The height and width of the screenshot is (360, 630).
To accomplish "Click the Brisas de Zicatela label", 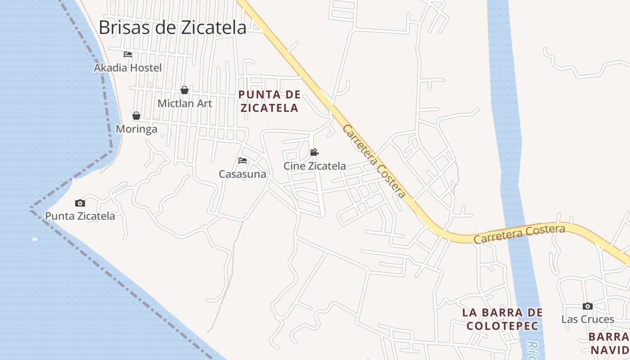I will [172, 27].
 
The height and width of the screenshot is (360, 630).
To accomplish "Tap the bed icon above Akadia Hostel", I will [128, 54].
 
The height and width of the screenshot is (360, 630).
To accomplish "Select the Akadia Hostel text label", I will [128, 68].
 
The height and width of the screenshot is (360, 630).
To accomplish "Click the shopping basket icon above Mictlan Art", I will [184, 90].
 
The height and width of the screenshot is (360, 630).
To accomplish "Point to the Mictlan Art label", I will [184, 103].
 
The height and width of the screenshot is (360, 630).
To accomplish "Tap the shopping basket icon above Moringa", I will [136, 116].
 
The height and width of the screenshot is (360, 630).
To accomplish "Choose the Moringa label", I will [137, 129].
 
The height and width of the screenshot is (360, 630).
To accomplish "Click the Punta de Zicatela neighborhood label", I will [269, 101].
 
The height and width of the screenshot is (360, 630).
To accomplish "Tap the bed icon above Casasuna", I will [243, 161].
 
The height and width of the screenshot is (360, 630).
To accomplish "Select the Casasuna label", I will [243, 174].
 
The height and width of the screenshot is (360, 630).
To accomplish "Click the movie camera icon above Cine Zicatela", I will [314, 153].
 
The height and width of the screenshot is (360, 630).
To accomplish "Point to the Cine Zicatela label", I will [315, 166].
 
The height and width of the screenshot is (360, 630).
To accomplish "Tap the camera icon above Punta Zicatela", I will [80, 203].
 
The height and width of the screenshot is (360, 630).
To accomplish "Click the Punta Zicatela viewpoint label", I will [80, 216].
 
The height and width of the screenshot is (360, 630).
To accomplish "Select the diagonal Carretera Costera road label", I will [374, 161].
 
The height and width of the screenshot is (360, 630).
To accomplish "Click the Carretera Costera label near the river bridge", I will [519, 234].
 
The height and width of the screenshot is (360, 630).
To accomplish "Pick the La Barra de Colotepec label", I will [503, 319].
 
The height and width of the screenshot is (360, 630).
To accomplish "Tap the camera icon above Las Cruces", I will [587, 306].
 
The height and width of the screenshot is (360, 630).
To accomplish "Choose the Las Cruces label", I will [587, 319].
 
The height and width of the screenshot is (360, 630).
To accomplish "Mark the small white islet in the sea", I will [35, 239].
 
